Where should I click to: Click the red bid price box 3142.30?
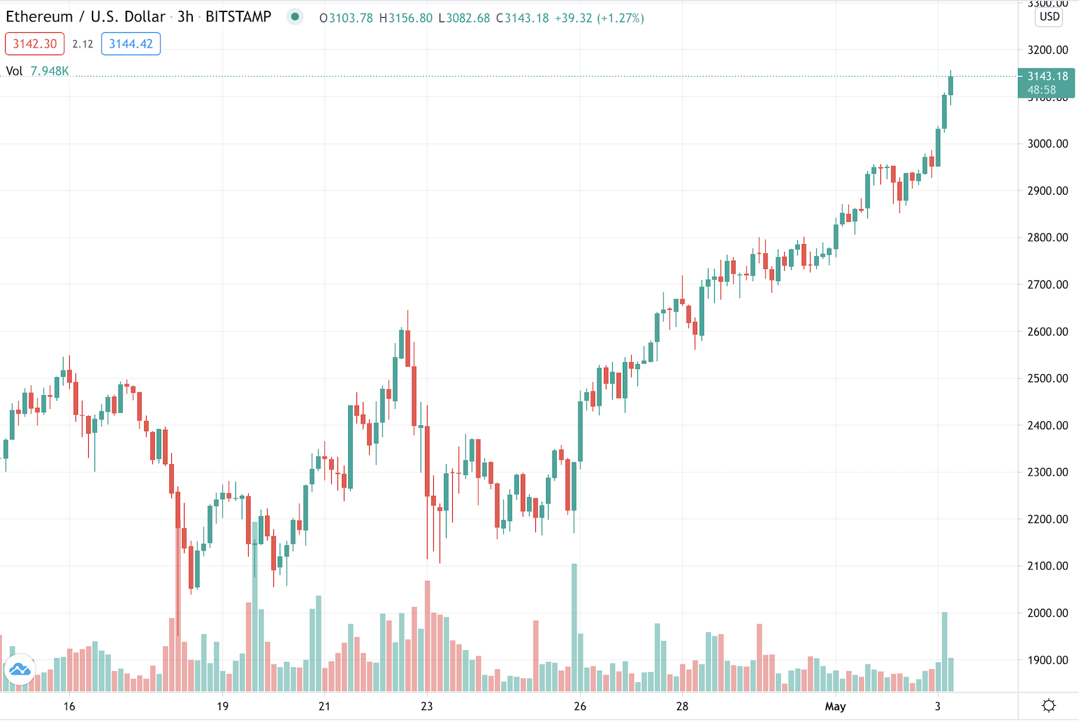[35, 44]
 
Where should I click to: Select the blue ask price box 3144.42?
[131, 44]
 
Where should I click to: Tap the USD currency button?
[1049, 16]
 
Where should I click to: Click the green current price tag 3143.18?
[1047, 77]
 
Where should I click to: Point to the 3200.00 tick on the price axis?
[1047, 50]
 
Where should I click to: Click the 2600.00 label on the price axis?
[1047, 332]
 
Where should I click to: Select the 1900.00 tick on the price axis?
[1047, 660]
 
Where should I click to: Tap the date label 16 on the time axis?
[69, 706]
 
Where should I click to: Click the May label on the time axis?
[835, 706]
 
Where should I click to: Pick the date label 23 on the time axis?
[427, 706]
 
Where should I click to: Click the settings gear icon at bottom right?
[1049, 706]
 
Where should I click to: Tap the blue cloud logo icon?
[20, 670]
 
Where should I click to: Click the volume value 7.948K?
[49, 71]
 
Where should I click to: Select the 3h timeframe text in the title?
[185, 17]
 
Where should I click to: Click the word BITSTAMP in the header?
[238, 17]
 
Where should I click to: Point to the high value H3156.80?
[405, 18]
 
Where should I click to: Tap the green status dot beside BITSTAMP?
[294, 17]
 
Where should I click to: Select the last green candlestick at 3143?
[950, 86]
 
